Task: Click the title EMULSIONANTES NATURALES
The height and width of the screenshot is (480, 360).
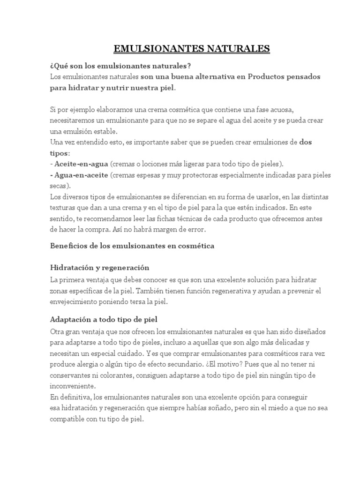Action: [192, 49]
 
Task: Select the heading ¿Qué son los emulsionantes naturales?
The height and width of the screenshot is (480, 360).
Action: [120, 65]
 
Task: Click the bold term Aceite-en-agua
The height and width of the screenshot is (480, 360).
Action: [81, 164]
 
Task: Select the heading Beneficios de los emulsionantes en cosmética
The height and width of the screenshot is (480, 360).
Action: [132, 246]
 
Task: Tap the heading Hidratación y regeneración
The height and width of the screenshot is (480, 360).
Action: [99, 268]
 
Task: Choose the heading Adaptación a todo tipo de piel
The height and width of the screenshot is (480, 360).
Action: [103, 319]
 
